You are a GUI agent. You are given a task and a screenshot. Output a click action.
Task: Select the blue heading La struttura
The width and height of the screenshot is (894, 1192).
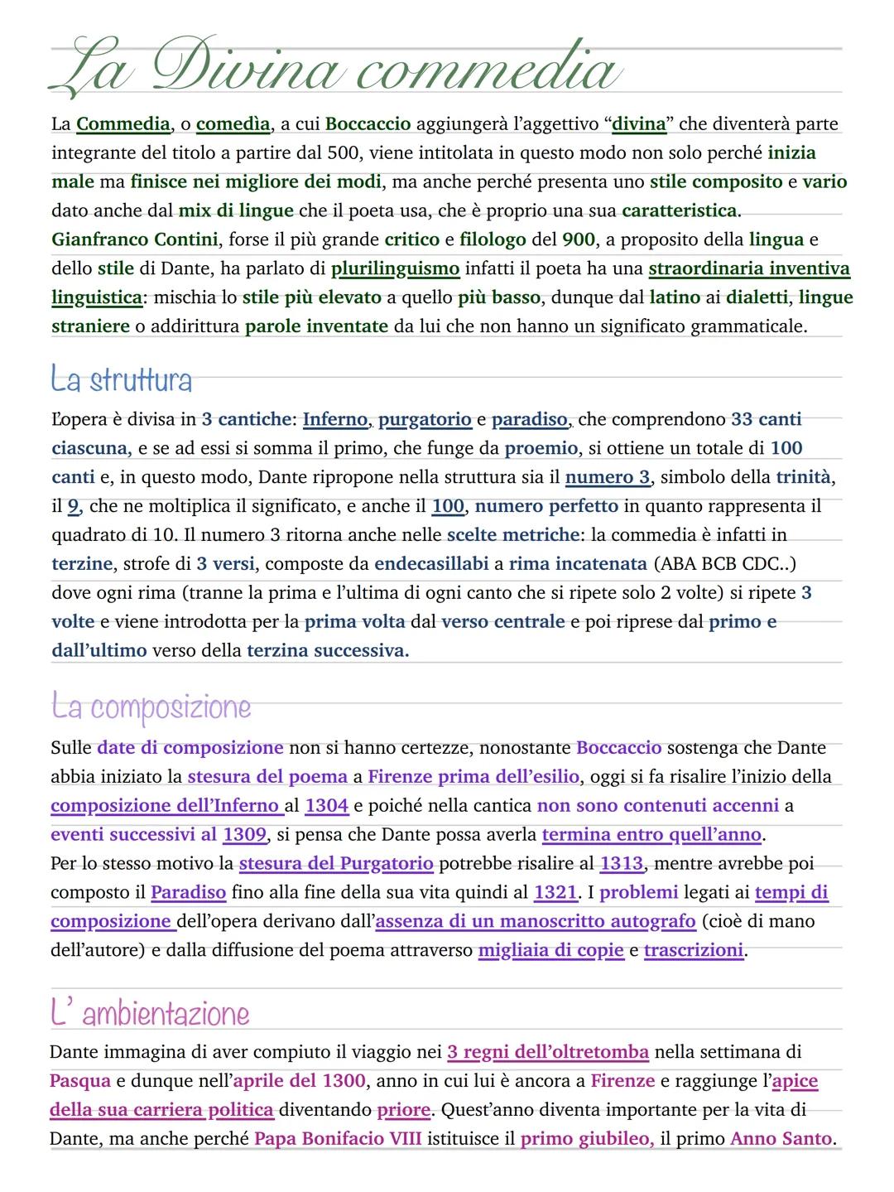coord(121,380)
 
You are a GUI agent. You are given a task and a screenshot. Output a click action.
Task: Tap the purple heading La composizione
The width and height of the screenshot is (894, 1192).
coord(151,707)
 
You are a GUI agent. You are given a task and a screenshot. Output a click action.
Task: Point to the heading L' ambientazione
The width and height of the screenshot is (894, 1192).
coord(149,1013)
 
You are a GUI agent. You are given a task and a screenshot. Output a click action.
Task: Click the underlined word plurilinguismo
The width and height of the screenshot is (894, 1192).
coord(395,268)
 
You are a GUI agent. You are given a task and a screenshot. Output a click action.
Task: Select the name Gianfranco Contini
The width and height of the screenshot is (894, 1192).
coord(135,239)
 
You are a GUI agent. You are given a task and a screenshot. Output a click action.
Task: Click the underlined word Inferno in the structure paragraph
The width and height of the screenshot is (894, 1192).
coord(334,419)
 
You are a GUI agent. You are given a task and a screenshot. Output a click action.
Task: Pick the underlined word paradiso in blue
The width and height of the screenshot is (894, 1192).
coord(530,419)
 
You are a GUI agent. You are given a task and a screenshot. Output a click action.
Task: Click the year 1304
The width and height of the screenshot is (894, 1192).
coord(326,805)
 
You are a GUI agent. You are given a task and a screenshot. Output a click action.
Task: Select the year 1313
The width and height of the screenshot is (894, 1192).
coord(621,863)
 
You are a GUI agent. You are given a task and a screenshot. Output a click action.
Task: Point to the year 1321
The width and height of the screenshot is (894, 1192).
coord(555,892)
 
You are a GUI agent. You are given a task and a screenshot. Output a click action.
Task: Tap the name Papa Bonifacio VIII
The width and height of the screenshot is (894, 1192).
coord(338,1139)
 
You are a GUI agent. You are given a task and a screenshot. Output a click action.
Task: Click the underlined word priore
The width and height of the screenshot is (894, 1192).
coord(403,1110)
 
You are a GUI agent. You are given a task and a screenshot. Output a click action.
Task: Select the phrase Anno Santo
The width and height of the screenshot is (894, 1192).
coord(781,1139)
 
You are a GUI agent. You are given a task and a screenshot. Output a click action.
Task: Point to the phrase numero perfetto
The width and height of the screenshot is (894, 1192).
coord(546,506)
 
